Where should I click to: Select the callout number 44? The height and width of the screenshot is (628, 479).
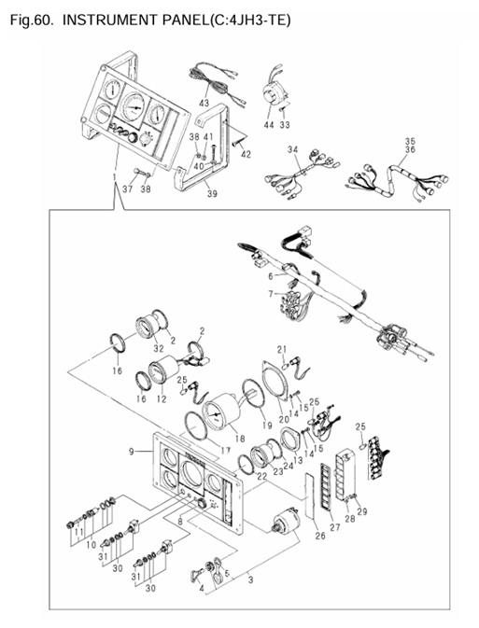(268, 124)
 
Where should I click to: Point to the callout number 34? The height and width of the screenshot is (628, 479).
(292, 149)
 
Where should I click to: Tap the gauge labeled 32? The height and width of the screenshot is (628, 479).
(149, 328)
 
